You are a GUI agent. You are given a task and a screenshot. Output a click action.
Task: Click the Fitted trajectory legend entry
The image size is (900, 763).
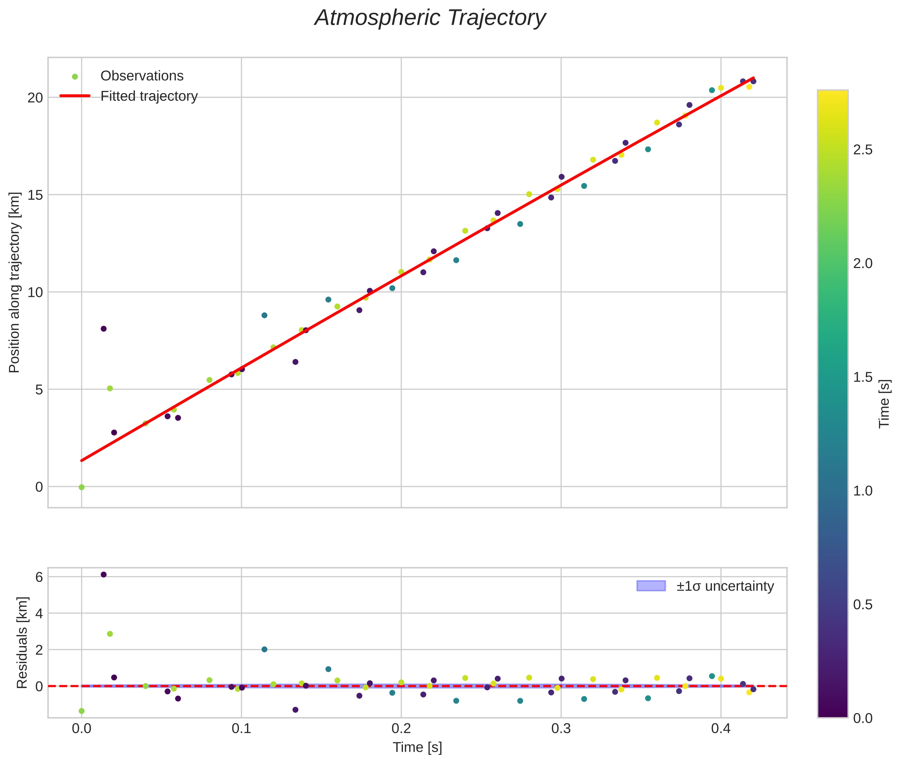(x=128, y=96)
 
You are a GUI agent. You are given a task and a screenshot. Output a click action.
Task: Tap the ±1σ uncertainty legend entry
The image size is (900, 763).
(x=705, y=586)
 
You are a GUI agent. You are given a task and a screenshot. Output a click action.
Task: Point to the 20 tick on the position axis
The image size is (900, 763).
(x=35, y=97)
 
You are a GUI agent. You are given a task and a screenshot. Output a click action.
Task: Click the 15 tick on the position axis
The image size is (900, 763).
(x=35, y=195)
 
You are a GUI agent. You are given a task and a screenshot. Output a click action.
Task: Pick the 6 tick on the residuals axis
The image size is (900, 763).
(x=39, y=576)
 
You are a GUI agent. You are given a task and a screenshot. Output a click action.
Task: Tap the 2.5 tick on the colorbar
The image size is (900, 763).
(x=863, y=150)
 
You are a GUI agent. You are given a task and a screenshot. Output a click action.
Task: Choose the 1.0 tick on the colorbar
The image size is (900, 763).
(x=863, y=491)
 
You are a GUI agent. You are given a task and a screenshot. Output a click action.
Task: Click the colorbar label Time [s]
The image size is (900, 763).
(x=884, y=404)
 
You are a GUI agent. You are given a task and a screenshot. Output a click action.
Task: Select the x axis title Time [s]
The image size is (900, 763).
(x=417, y=747)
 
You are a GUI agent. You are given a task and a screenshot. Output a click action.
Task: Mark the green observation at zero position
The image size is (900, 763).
(x=81, y=487)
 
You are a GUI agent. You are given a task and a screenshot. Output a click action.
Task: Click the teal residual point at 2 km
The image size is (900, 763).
(x=264, y=649)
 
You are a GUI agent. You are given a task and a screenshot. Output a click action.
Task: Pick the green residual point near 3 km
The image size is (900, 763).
(x=110, y=634)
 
